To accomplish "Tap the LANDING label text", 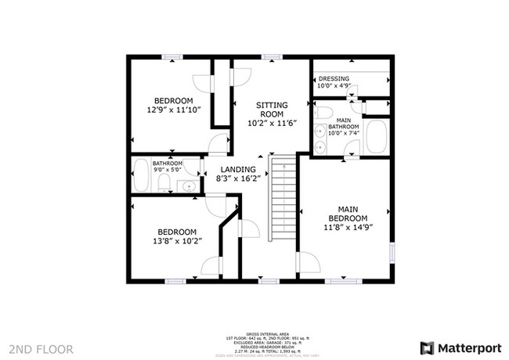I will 237,170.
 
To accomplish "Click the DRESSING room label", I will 334,79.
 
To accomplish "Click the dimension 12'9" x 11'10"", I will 173,110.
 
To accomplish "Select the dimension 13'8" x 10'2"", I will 178,242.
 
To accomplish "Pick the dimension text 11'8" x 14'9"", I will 348,228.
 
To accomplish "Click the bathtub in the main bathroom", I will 377,138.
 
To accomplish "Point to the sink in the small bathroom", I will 189,185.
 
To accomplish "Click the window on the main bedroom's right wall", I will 392,254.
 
